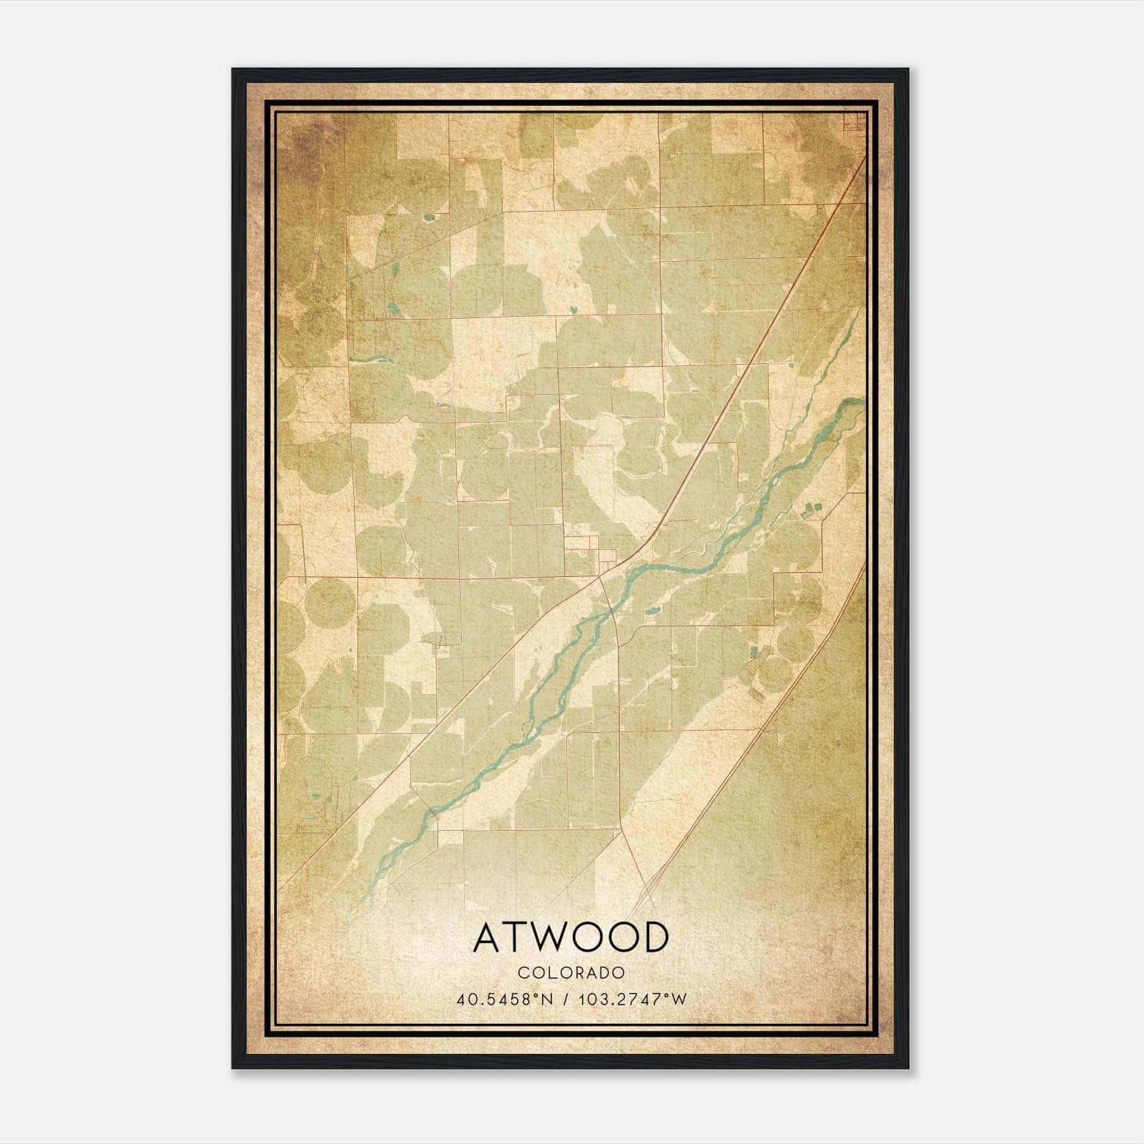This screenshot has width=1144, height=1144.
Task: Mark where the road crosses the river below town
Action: [x=612, y=611]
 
